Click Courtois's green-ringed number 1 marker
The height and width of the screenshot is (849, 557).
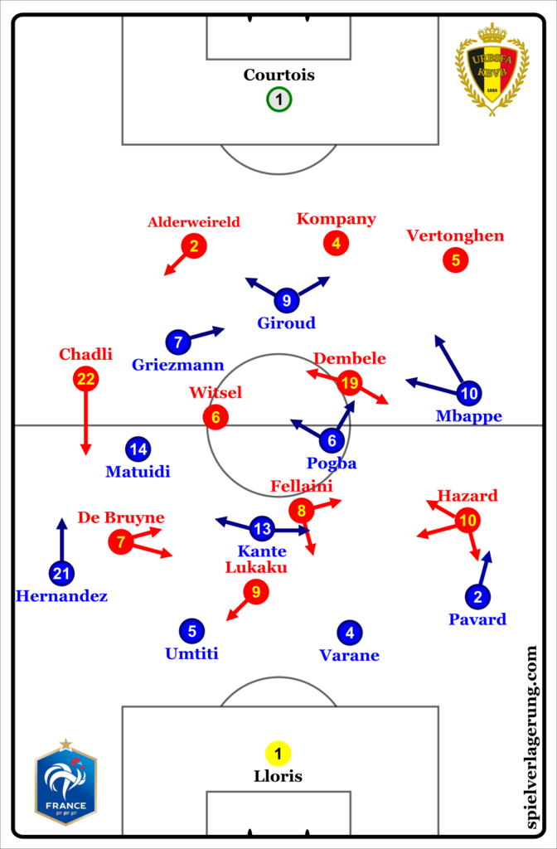[279, 100]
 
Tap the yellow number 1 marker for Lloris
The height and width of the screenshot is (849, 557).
[278, 754]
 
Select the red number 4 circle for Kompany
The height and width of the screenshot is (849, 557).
[336, 243]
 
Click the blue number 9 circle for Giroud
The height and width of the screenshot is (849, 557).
[287, 300]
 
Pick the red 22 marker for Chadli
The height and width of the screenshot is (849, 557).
[86, 380]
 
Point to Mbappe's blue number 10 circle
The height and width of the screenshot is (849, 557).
[469, 393]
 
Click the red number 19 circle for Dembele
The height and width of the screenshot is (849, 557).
[350, 382]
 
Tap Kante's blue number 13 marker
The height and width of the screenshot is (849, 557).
[262, 528]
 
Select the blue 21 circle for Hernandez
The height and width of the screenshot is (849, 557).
[61, 572]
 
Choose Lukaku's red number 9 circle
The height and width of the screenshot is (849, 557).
[256, 591]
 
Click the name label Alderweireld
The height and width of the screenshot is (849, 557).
[194, 222]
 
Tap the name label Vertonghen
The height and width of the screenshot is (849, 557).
[455, 235]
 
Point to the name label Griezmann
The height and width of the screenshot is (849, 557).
[177, 364]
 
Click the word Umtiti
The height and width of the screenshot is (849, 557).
[191, 653]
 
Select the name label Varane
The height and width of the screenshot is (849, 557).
[349, 655]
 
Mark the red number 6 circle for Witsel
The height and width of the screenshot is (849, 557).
[216, 417]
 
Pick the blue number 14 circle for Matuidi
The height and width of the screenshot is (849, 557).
[138, 449]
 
